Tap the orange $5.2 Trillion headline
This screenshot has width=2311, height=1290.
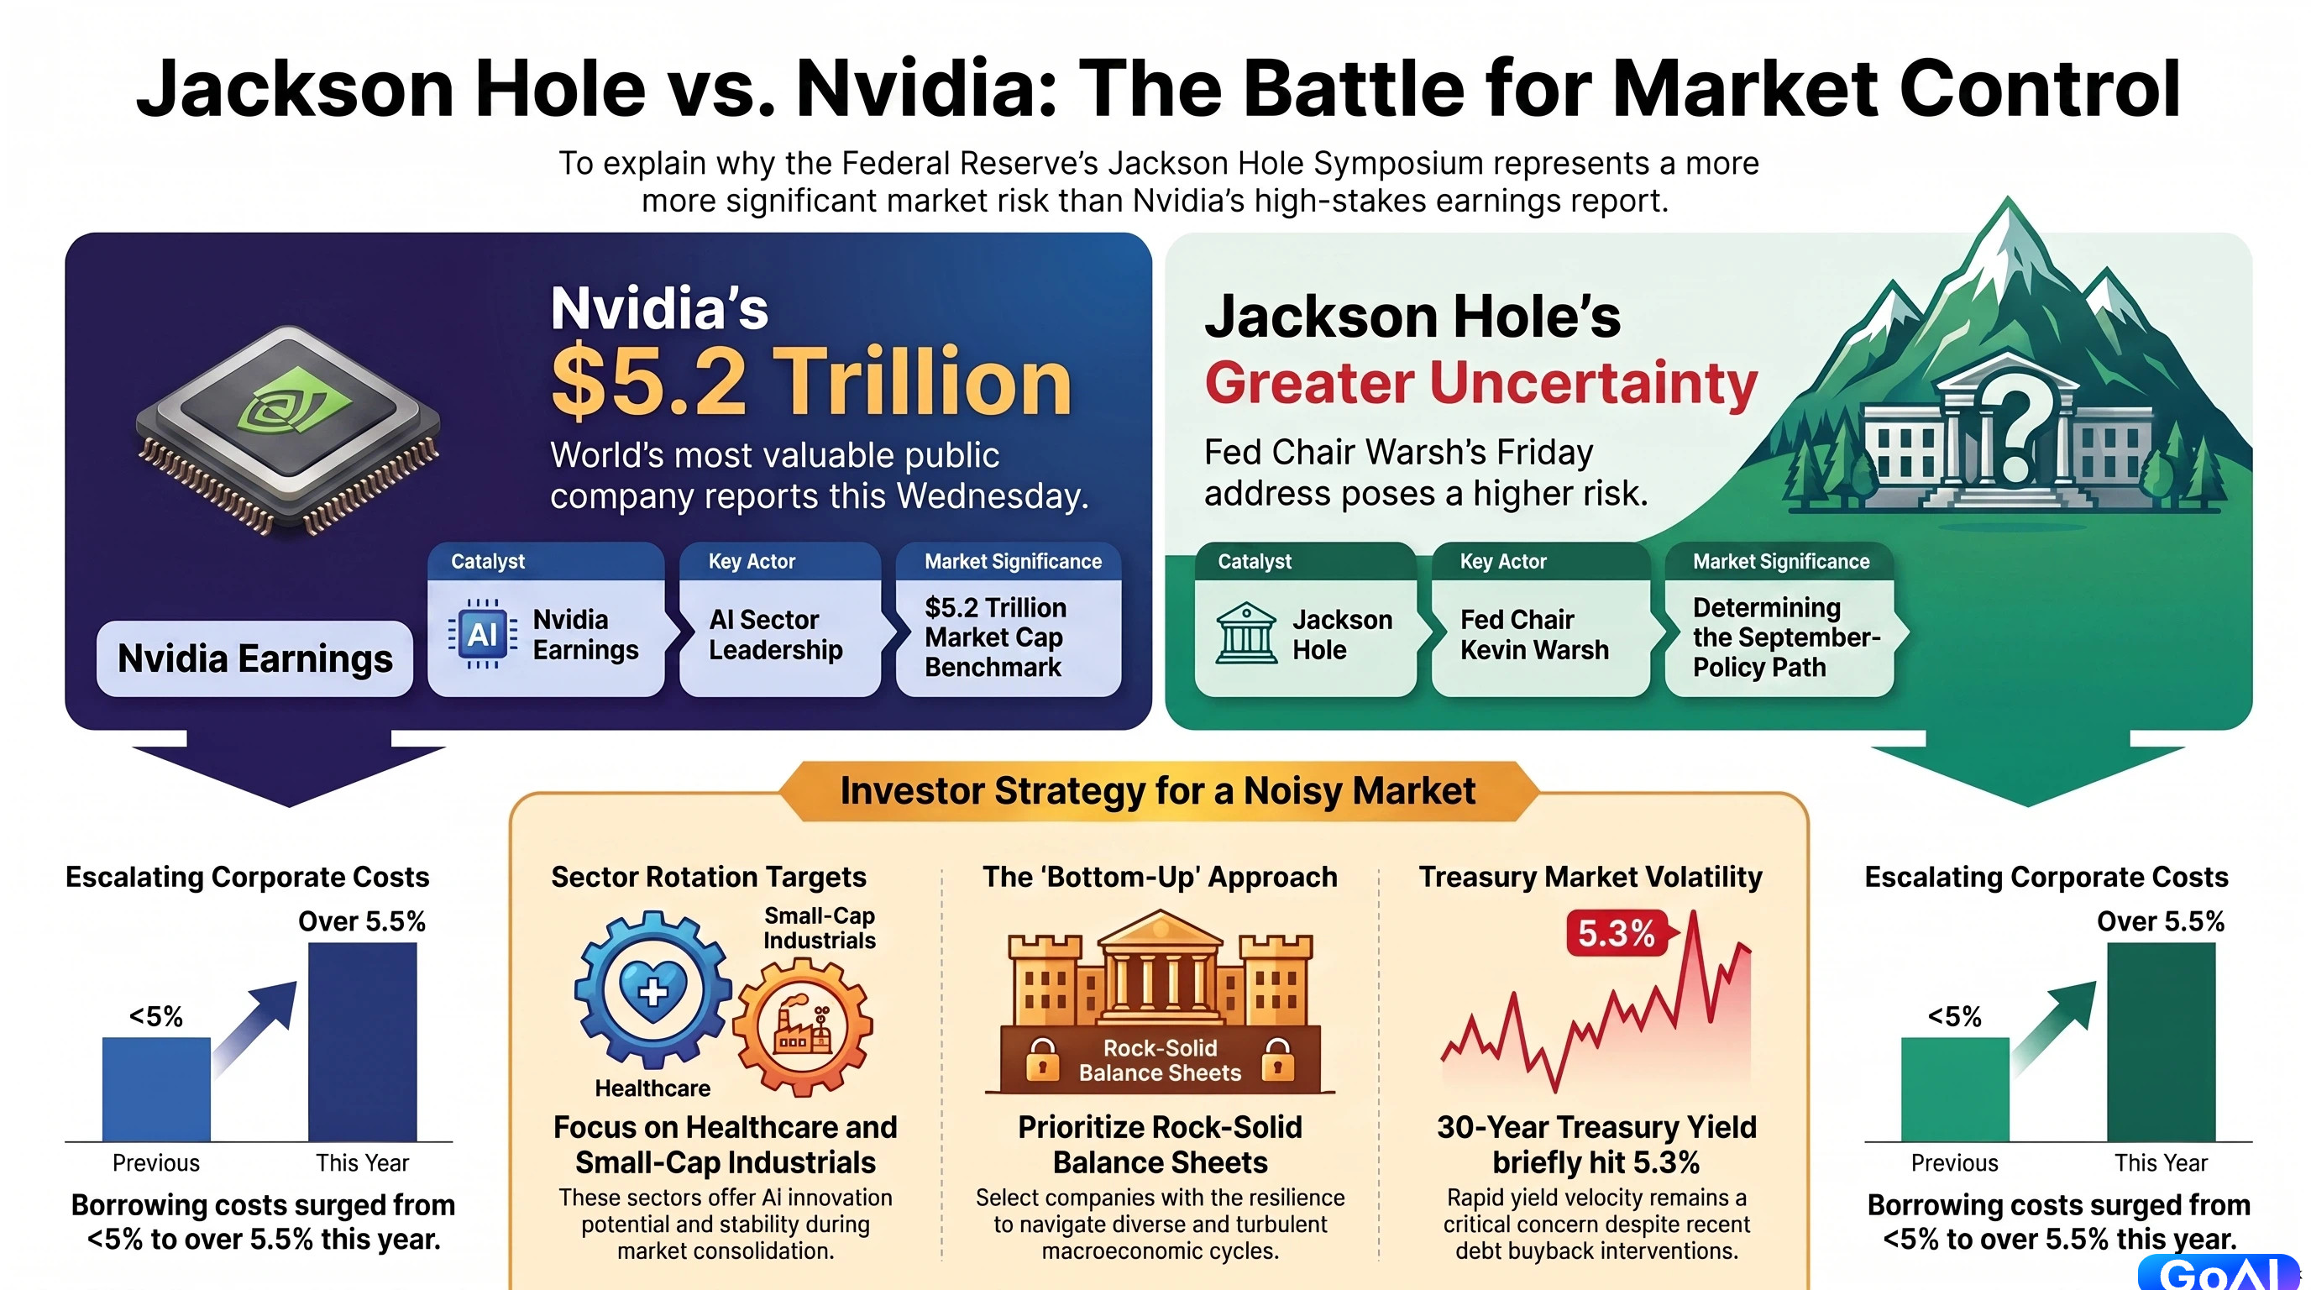[x=811, y=382]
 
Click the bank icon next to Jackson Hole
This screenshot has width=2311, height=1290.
[x=1246, y=633]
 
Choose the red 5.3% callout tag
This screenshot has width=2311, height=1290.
[x=1617, y=933]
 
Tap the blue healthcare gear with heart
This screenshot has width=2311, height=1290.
[x=652, y=989]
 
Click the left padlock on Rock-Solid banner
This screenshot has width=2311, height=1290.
[x=1041, y=1058]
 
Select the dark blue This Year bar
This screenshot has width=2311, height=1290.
[x=363, y=1041]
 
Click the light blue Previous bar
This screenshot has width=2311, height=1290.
[x=156, y=1089]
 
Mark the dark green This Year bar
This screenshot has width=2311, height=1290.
[x=2162, y=1041]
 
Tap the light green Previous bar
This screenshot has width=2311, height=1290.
[x=1955, y=1089]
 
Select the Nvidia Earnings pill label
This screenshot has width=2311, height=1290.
[x=254, y=658]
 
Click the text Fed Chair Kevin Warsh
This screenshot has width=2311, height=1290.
[x=1534, y=634]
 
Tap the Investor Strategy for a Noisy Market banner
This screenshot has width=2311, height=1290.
[x=1158, y=791]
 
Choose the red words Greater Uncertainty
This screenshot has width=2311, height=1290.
[x=1480, y=383]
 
